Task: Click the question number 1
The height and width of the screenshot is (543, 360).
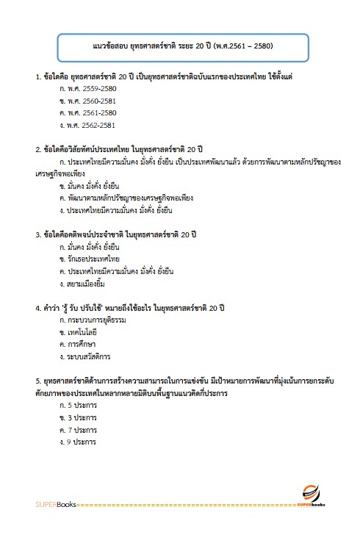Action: pos(37,76)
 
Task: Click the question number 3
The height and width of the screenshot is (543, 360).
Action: pos(37,234)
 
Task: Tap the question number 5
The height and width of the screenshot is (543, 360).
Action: pos(37,381)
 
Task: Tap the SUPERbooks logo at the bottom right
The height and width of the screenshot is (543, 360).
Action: pos(315,498)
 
